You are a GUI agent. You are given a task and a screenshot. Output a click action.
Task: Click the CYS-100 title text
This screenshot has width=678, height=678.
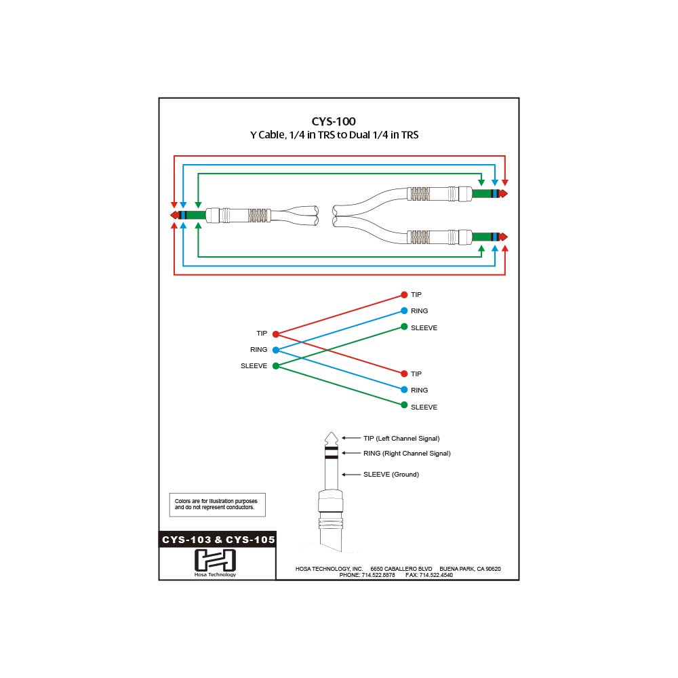334,121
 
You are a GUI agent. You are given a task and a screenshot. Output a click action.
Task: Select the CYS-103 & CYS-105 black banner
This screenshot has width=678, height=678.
218,540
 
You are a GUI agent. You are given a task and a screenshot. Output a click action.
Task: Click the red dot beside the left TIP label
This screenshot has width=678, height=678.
275,334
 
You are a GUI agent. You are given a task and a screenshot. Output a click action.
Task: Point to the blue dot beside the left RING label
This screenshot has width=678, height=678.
275,350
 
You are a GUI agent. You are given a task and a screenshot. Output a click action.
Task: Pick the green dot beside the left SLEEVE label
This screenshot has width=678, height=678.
275,366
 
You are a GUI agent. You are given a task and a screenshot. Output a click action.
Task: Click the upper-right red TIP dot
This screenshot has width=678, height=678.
404,295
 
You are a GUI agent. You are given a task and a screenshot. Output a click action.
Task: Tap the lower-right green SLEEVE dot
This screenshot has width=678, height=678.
404,405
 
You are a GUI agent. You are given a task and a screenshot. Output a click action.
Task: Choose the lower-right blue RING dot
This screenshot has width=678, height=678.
404,390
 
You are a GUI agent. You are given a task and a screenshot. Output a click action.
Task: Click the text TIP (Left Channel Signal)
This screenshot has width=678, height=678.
401,439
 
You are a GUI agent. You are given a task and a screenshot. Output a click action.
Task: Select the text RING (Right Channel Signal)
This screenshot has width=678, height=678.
407,453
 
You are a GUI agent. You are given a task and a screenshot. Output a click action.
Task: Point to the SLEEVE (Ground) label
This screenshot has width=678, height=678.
391,475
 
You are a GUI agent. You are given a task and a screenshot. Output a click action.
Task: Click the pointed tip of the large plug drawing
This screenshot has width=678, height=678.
331,435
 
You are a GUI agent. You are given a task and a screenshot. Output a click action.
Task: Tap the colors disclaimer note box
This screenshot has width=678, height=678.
217,504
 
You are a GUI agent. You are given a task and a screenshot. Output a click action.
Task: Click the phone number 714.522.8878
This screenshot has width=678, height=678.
376,575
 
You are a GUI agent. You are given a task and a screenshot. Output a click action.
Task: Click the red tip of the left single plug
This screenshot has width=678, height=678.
174,215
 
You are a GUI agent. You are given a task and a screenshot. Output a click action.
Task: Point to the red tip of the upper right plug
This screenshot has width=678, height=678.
503,194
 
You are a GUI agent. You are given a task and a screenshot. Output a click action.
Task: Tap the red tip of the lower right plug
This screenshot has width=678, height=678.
503,237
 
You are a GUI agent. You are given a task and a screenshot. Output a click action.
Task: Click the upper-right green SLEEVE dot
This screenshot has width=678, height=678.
404,327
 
